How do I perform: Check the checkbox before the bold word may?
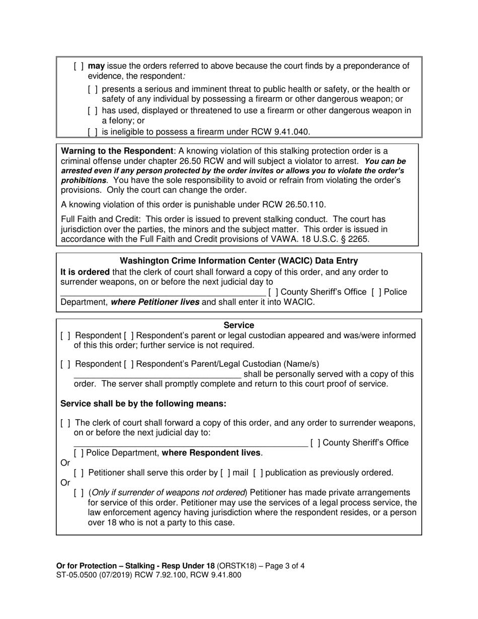[x=78, y=66]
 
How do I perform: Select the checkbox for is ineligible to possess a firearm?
[x=93, y=132]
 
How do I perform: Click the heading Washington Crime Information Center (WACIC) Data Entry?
[x=239, y=261]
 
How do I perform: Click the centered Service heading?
[x=239, y=326]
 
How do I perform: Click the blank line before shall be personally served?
[x=157, y=374]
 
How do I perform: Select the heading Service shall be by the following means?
[x=143, y=404]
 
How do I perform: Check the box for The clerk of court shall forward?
[x=65, y=423]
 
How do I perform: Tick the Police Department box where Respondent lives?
[x=79, y=453]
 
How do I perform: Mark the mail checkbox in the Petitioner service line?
[x=226, y=473]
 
